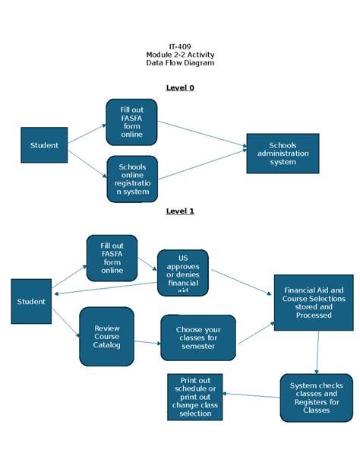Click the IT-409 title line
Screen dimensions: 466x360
pos(180,46)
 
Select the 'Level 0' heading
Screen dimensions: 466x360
pos(180,87)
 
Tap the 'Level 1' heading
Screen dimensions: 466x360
pos(180,211)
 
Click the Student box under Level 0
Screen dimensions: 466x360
pos(44,145)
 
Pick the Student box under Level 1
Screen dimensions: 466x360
pos(31,301)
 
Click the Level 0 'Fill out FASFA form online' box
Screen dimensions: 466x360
pos(131,122)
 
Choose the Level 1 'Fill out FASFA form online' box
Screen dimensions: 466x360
pos(112,258)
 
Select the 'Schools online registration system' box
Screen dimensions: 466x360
pos(132,179)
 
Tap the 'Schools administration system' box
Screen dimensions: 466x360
pos(283,154)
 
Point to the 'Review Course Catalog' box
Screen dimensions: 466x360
pos(106,336)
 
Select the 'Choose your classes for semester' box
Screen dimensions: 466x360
pos(198,338)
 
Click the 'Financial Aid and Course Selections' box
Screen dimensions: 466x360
pos(313,303)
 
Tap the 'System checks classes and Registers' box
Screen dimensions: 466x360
pos(316,398)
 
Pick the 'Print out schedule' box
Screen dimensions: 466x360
pos(194,397)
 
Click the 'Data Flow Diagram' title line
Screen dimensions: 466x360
pos(180,63)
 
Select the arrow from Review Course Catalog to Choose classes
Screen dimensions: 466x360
pos(147,342)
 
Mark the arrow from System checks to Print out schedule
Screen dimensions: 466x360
pos(251,395)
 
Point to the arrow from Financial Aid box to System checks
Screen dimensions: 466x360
pos(317,352)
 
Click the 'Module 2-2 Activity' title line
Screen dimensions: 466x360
pos(180,55)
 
